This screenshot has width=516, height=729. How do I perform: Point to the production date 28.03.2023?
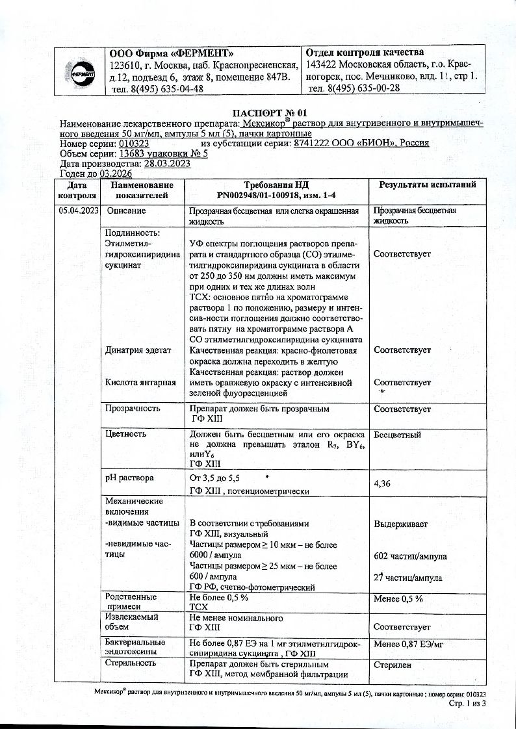coord(167,164)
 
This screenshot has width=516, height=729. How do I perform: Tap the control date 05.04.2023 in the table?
coord(78,211)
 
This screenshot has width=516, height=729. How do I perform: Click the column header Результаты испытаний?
coord(427,185)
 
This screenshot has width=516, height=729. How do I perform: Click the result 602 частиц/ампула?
coord(410,556)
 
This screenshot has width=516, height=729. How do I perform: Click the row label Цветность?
coord(123,433)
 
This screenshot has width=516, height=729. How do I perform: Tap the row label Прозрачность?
coord(133,409)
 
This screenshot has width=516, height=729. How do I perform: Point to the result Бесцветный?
coord(397,435)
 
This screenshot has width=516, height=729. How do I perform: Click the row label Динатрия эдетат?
coord(138,350)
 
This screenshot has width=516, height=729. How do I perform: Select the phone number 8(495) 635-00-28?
coord(354,89)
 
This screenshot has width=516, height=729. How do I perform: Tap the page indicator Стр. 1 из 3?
coord(467,704)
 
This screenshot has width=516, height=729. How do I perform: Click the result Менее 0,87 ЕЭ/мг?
coord(407,644)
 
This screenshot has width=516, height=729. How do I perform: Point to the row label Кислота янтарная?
coord(141,382)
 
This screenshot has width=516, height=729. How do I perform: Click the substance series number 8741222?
coord(315,144)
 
